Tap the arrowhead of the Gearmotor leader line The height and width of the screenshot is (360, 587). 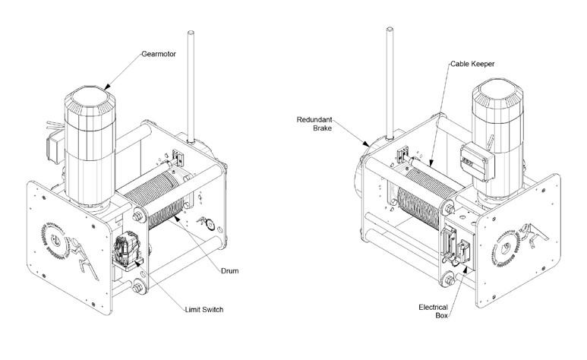pos(106,84)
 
